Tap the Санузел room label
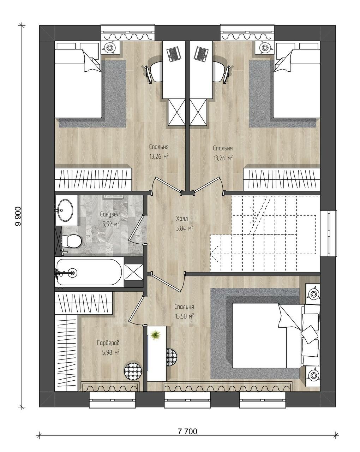coord(110,214)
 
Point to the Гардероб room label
coord(108,343)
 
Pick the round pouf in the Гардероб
coord(133,371)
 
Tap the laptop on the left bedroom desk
coord(173,54)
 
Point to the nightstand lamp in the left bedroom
coord(110,47)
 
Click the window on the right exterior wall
coord(329,233)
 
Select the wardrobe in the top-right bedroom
coord(282,179)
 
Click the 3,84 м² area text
coord(185,228)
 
